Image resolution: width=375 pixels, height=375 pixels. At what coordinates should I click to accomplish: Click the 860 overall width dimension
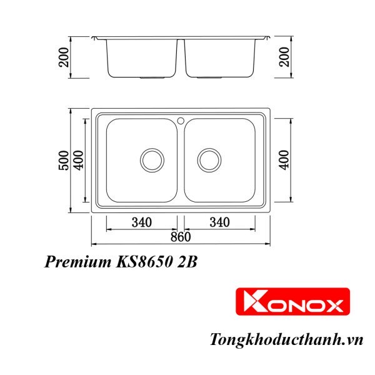[x=180, y=237]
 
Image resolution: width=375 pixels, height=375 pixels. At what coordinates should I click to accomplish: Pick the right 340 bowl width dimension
[x=219, y=222]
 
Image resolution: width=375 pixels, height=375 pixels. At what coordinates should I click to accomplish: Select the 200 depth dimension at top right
[x=284, y=57]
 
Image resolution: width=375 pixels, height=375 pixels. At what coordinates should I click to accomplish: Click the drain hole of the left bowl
[x=151, y=160]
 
